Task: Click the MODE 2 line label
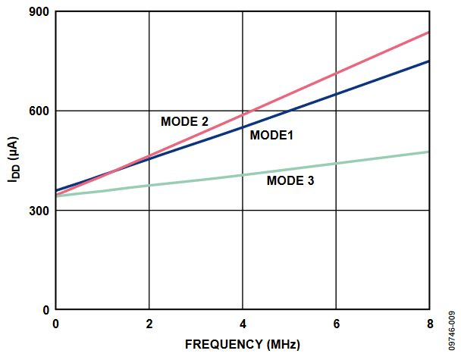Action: tap(184, 121)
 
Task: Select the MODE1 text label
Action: tap(271, 135)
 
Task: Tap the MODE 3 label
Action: tap(290, 180)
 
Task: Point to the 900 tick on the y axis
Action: tap(38, 11)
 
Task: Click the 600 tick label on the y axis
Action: tap(38, 111)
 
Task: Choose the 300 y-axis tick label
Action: tap(38, 211)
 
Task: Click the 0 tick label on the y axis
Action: tap(45, 310)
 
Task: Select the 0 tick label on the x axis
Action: tap(55, 324)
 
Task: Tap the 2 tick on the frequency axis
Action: tap(149, 324)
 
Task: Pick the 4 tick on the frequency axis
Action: tap(243, 324)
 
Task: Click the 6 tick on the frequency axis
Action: tap(336, 324)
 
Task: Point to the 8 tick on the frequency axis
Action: tap(429, 324)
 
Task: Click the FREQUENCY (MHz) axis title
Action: tap(242, 344)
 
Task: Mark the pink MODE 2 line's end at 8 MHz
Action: tap(428, 33)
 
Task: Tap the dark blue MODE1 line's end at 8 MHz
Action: tap(428, 61)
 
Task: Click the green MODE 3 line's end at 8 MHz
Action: tap(428, 152)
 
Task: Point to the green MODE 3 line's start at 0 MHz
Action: tap(57, 196)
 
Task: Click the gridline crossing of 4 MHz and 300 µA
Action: tap(243, 211)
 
